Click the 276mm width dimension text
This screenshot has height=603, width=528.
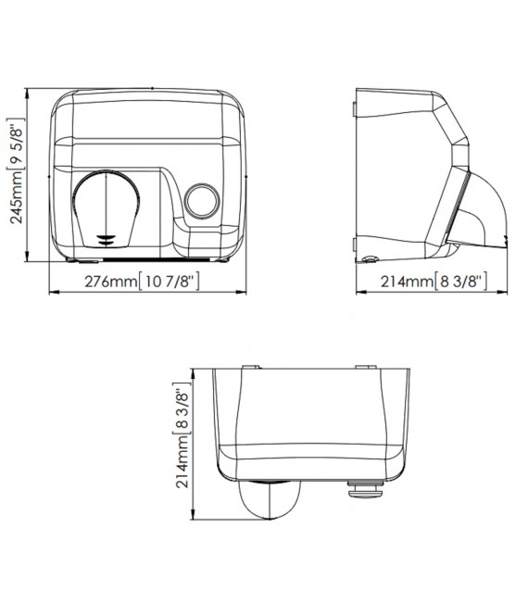pyautogui.click(x=111, y=282)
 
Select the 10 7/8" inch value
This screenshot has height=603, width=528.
pyautogui.click(x=169, y=282)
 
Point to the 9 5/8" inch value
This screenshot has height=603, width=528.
pyautogui.click(x=17, y=144)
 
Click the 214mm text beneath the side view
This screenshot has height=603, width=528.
pyautogui.click(x=408, y=282)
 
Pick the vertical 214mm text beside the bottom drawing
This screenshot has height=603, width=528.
pyautogui.click(x=182, y=462)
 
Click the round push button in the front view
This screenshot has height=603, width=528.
pyautogui.click(x=202, y=201)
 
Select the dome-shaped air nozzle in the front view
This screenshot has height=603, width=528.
pyautogui.click(x=107, y=207)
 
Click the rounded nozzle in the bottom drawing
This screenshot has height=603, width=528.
pyautogui.click(x=270, y=499)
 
